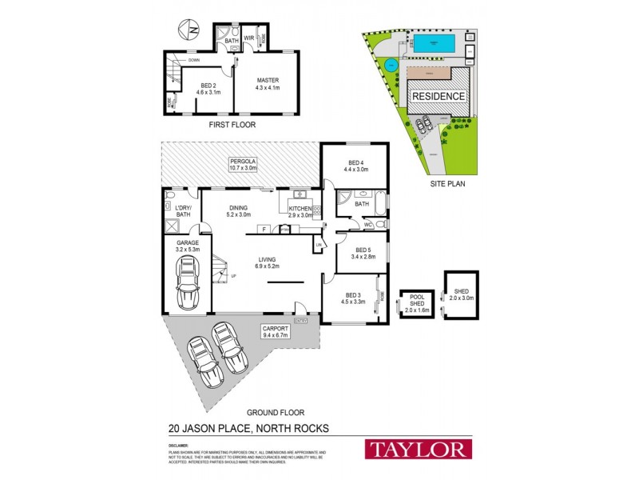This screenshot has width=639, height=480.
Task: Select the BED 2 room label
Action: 207,88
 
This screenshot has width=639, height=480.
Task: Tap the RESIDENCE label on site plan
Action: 439,96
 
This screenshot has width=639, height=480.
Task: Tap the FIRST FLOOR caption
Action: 231,126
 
